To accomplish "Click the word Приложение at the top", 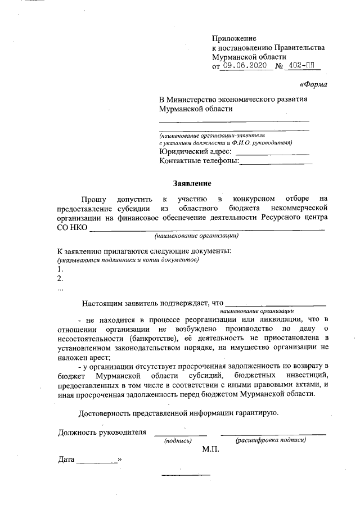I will pos(234,38).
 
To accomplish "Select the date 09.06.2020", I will pos(244,66).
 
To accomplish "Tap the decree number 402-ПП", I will pos(300,66).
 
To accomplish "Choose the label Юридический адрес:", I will pos(195,151).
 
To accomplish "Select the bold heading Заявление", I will pos(191,183).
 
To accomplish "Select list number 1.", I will pos(60,269).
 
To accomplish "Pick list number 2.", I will pos(60,278).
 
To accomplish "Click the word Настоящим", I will pos(102,303).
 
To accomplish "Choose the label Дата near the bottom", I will pos(66,460).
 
